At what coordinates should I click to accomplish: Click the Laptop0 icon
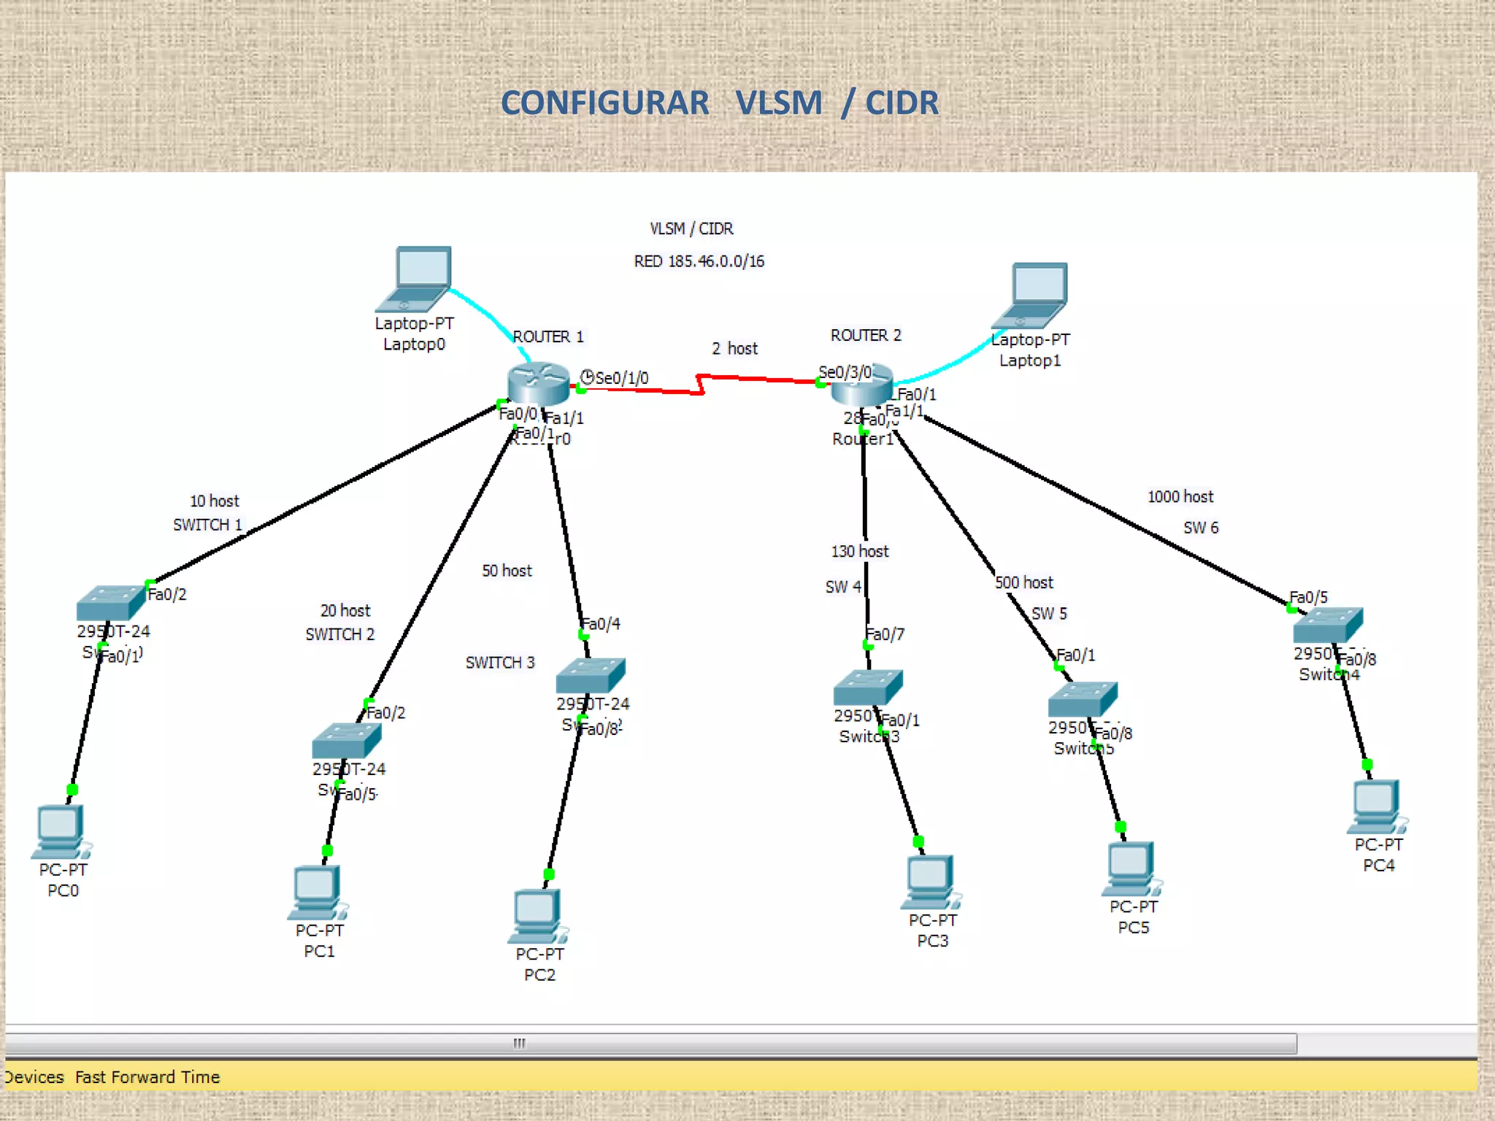pyautogui.click(x=415, y=279)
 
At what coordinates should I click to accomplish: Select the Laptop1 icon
pyautogui.click(x=1031, y=295)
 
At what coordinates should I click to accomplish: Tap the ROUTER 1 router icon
pyautogui.click(x=538, y=383)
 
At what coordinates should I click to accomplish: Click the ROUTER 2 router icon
pyautogui.click(x=861, y=387)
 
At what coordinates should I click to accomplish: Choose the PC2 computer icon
pyautogui.click(x=537, y=917)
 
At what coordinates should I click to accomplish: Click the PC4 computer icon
pyautogui.click(x=1376, y=806)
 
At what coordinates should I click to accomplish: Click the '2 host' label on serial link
pyautogui.click(x=734, y=349)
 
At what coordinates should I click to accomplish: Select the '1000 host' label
pyautogui.click(x=1180, y=497)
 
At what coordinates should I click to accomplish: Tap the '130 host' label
pyautogui.click(x=859, y=552)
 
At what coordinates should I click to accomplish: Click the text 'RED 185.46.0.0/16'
pyautogui.click(x=699, y=261)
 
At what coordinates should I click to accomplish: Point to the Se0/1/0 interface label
pyautogui.click(x=620, y=378)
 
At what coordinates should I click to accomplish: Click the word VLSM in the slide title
pyautogui.click(x=778, y=103)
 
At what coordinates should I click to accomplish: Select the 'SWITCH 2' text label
pyautogui.click(x=339, y=634)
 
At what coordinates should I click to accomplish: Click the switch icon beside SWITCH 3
pyautogui.click(x=590, y=675)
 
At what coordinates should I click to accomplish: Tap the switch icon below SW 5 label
pyautogui.click(x=1082, y=699)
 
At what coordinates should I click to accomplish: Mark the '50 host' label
pyautogui.click(x=507, y=571)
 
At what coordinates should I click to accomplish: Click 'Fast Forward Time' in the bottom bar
pyautogui.click(x=147, y=1077)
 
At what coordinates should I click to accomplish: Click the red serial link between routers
pyautogui.click(x=759, y=379)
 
